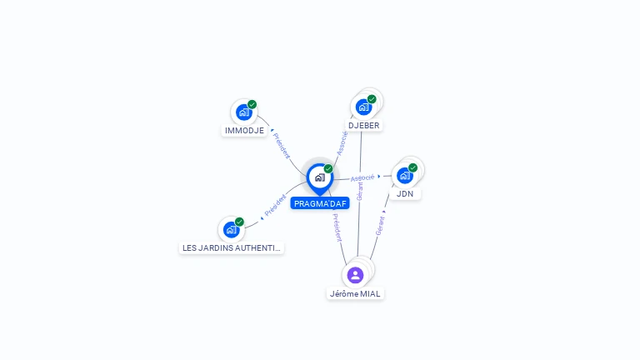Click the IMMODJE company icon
click(243, 112)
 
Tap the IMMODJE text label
click(244, 131)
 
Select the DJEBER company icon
click(363, 107)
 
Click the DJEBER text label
click(364, 126)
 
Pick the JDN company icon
click(404, 175)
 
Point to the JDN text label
click(405, 194)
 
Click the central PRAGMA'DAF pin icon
click(319, 177)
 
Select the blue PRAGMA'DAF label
click(320, 203)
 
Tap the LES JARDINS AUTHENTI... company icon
click(231, 229)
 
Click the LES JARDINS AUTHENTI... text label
click(232, 248)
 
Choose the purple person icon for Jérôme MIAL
click(355, 275)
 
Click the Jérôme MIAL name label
click(356, 293)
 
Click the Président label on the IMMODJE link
click(282, 145)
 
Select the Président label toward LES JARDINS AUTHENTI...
click(275, 206)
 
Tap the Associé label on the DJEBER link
click(342, 142)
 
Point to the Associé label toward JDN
click(362, 177)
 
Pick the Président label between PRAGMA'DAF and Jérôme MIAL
click(337, 227)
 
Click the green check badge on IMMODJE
click(252, 104)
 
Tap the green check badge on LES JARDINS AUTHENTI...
click(239, 222)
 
